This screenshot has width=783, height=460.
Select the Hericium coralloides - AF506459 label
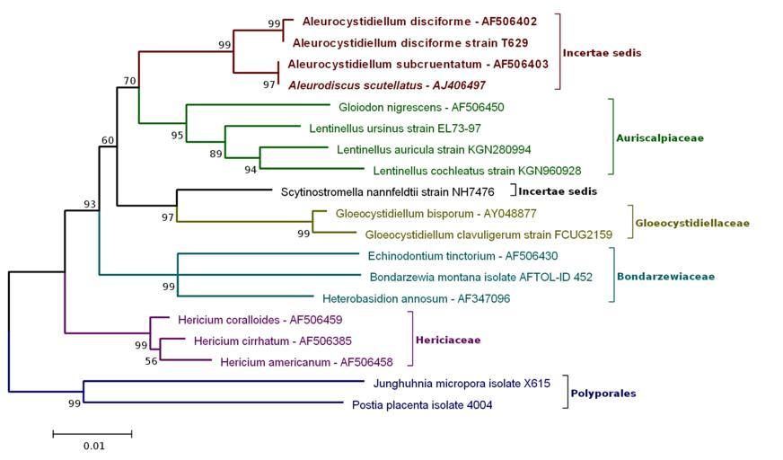tap(247, 319)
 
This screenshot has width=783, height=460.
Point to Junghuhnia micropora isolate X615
tap(449, 383)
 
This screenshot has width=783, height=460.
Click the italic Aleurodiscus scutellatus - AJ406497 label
tap(387, 85)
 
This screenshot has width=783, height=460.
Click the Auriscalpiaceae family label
tap(659, 138)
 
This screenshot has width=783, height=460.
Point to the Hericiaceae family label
tap(447, 341)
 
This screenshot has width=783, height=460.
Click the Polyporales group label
tap(604, 394)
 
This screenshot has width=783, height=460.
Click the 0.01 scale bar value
tap(93, 446)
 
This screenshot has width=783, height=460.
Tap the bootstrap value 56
tap(151, 361)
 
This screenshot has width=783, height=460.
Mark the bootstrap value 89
tap(216, 154)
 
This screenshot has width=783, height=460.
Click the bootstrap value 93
tap(90, 204)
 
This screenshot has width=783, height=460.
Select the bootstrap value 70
tap(129, 81)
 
